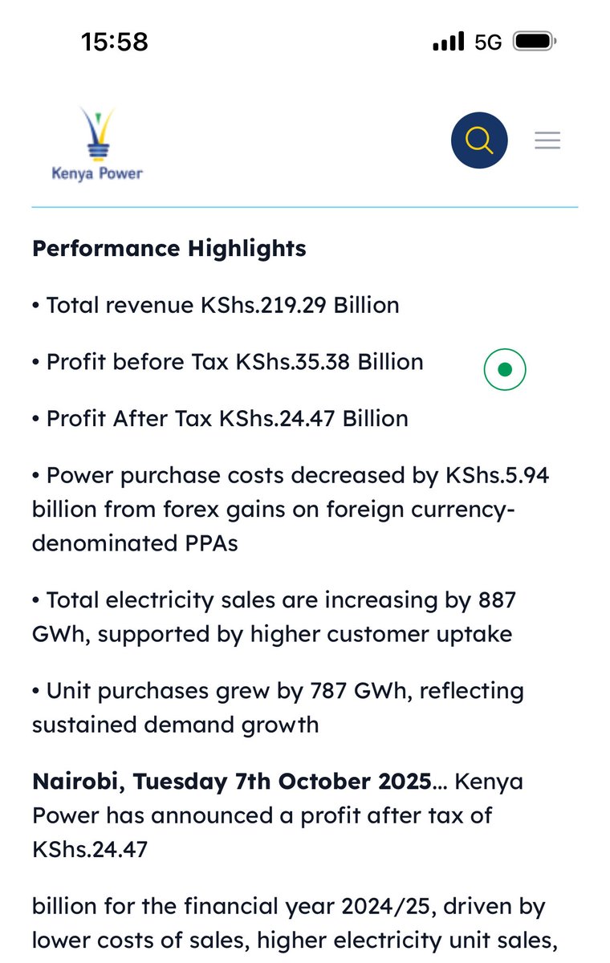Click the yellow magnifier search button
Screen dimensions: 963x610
[x=479, y=140]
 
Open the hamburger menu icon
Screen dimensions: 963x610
[x=547, y=140]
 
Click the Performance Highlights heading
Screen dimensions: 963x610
[x=169, y=249]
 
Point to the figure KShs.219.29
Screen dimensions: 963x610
[x=264, y=306]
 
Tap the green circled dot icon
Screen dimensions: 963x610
[x=505, y=369]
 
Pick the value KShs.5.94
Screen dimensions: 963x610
[x=498, y=475]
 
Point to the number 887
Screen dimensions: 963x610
[x=496, y=600]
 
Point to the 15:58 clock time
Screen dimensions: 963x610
[x=115, y=42]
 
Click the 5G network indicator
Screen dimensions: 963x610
[x=488, y=42]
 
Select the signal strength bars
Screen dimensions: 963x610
[x=448, y=42]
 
